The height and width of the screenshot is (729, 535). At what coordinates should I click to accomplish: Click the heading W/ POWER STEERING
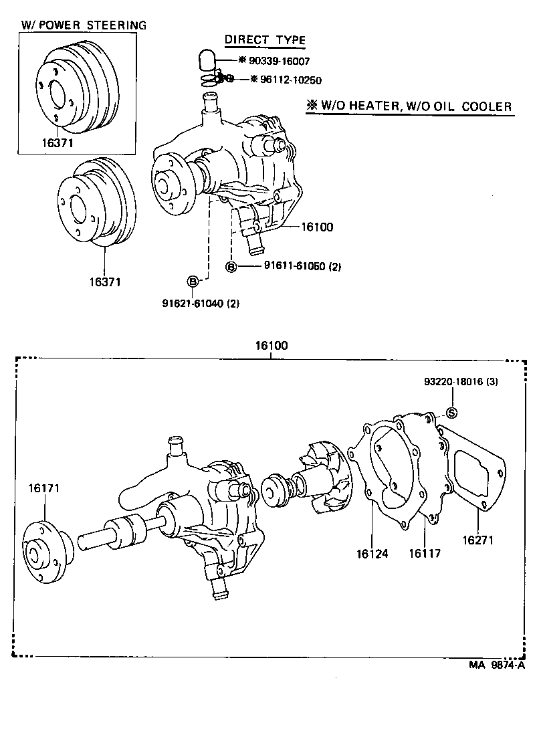[x=84, y=25]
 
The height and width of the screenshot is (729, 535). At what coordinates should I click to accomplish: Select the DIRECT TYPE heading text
[x=265, y=40]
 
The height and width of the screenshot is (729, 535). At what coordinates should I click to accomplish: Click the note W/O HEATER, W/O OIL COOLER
[x=409, y=106]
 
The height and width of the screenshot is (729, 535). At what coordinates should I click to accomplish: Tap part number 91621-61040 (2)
[x=201, y=303]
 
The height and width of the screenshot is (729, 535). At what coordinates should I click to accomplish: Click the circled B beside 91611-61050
[x=231, y=268]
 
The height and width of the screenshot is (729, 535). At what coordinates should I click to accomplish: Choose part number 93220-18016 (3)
[x=460, y=382]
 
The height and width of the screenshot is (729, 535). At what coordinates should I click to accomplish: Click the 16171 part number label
[x=44, y=489]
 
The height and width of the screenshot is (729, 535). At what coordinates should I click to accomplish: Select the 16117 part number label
[x=425, y=553]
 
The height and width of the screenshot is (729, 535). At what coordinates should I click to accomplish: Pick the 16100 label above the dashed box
[x=271, y=346]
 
